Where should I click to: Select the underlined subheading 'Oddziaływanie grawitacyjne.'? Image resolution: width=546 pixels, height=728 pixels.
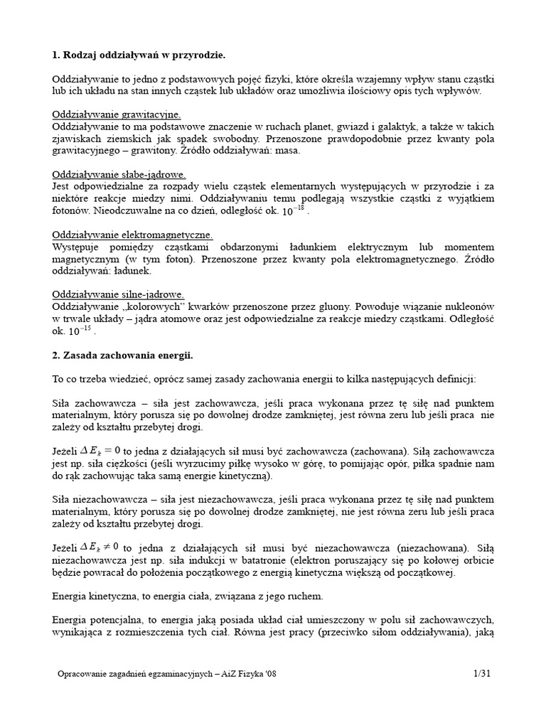(x=117, y=114)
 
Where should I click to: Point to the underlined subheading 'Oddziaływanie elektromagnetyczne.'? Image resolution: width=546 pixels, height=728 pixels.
(x=133, y=235)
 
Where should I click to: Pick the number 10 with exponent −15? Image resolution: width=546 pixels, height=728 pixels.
(x=80, y=331)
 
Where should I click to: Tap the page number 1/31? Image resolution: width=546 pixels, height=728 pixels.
(x=483, y=673)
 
